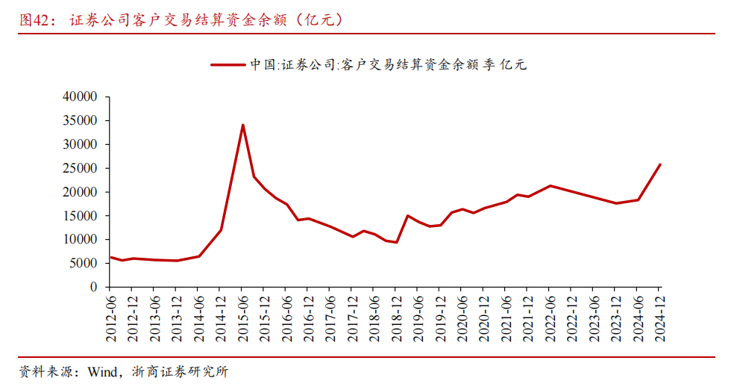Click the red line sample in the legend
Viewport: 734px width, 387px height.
tap(228, 65)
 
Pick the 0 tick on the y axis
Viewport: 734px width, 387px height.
tap(94, 287)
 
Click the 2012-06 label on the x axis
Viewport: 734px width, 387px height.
tap(110, 317)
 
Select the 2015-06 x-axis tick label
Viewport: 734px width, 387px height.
tap(243, 317)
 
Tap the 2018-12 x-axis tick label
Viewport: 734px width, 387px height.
tap(397, 317)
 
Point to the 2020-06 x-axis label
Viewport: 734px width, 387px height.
tap(462, 317)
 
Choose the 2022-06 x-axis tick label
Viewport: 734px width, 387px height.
tap(550, 317)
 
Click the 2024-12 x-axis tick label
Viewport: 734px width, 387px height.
tap(660, 317)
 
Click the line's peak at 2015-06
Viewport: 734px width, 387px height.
tap(243, 125)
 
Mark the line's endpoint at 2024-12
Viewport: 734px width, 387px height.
tap(660, 164)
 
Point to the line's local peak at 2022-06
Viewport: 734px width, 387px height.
tap(550, 185)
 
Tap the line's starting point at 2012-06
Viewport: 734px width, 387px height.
tap(110, 257)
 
